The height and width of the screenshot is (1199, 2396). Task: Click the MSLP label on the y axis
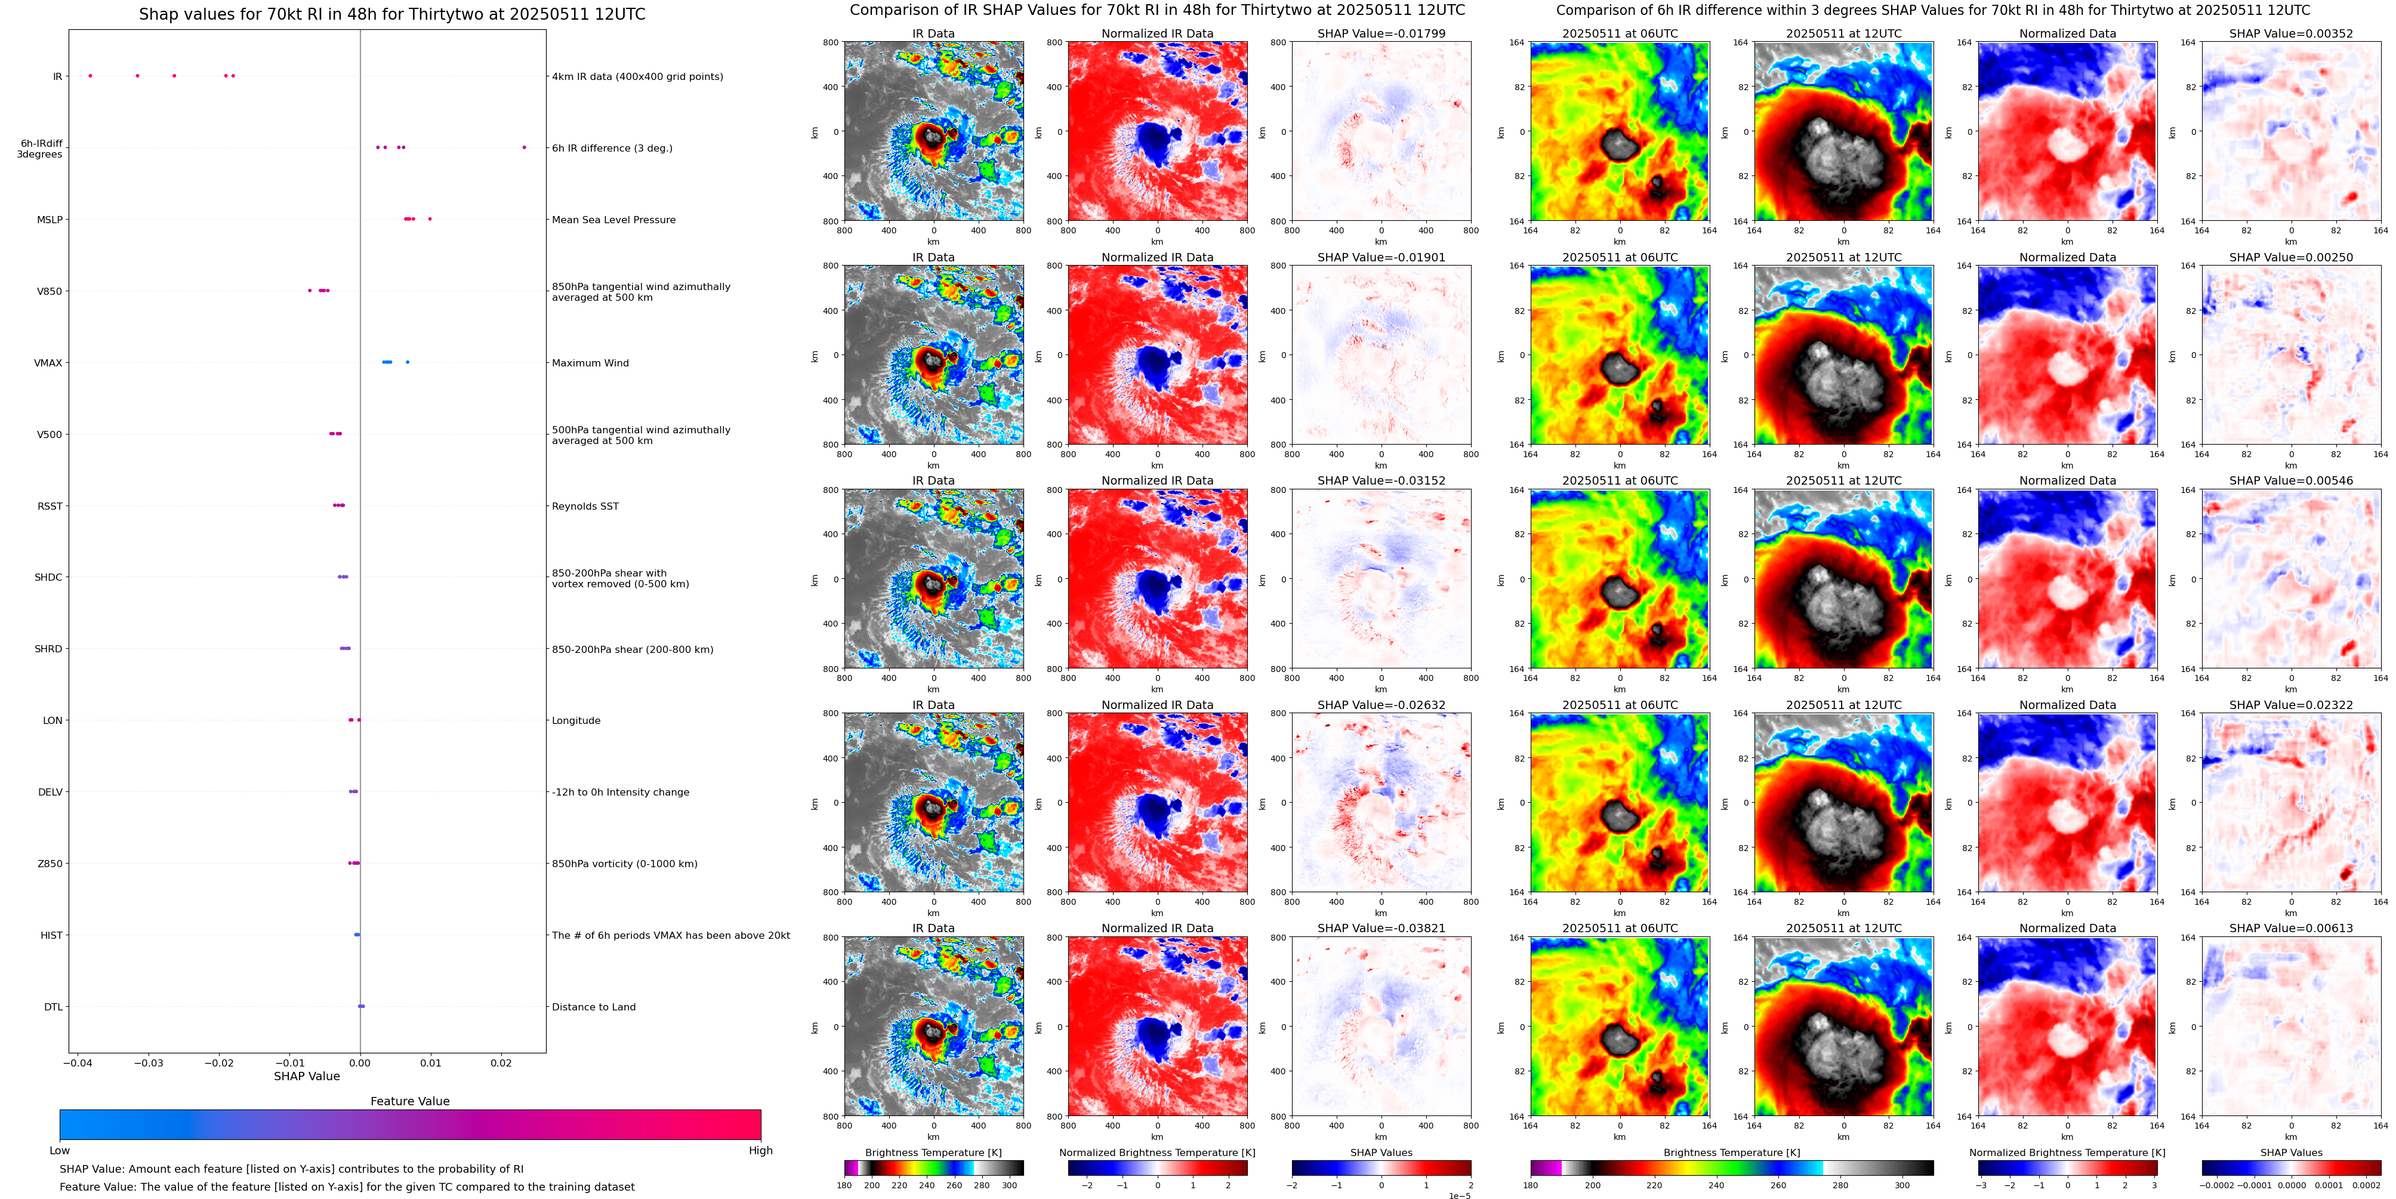coord(50,220)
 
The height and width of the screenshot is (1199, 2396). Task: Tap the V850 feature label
coord(50,291)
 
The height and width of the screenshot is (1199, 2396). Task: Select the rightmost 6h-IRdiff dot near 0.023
coord(524,147)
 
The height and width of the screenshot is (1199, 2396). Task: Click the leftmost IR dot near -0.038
coord(90,75)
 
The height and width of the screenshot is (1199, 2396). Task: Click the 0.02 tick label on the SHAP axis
coord(501,1062)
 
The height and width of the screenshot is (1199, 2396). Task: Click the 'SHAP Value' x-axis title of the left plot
coord(306,1076)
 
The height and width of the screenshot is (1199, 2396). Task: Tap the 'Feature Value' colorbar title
coord(409,1101)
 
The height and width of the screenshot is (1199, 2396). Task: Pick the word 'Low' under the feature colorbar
coord(60,1151)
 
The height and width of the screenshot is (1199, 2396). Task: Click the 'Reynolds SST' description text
coord(585,506)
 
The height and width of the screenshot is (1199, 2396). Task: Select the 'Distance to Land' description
coord(593,1006)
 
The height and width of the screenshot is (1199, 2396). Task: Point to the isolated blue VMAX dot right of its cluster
coord(408,362)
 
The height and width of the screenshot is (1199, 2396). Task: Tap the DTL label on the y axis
coord(53,1006)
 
